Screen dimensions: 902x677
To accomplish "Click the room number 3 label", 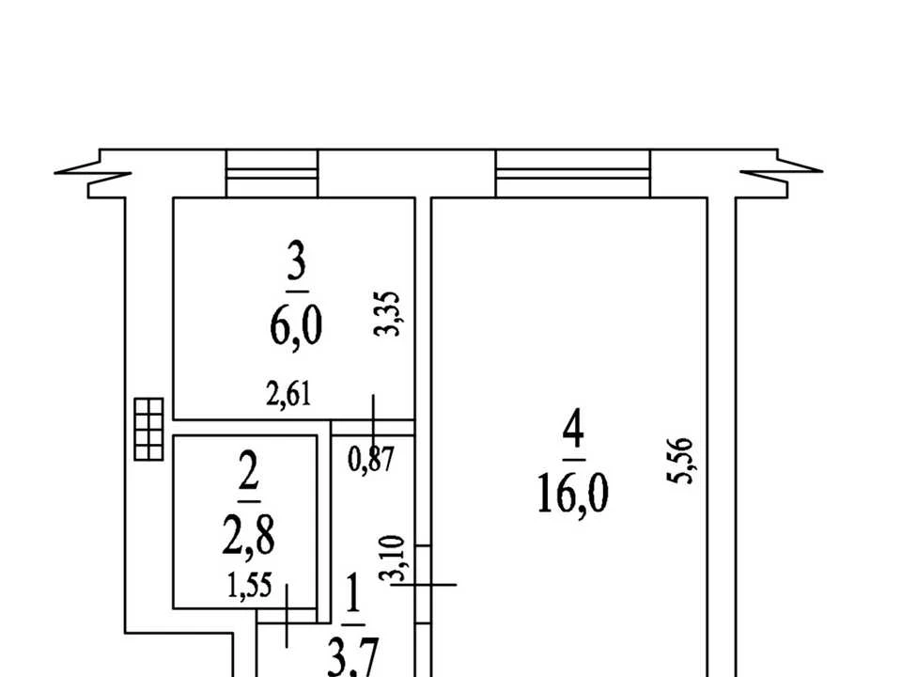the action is (x=296, y=262).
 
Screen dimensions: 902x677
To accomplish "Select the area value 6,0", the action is (x=296, y=325).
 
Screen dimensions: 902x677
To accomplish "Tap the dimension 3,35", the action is (x=386, y=314).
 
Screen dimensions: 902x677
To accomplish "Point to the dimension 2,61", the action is (x=288, y=395).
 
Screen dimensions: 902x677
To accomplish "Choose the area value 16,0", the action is (x=573, y=495).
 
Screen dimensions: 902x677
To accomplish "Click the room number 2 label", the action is (x=248, y=470).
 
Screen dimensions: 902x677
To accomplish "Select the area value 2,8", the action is (x=248, y=535).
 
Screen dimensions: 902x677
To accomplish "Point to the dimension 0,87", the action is (x=372, y=460).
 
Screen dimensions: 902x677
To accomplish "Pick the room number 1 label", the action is (x=353, y=594).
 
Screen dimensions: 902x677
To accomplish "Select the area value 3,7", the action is (x=353, y=658).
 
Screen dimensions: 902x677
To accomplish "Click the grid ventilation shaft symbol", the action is (x=149, y=429).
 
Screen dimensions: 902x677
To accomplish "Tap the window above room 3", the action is (x=272, y=173).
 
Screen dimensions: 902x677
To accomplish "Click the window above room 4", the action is (x=573, y=173).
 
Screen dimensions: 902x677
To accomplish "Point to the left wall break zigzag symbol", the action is (x=93, y=173).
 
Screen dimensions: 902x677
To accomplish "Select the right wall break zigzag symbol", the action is (x=781, y=173).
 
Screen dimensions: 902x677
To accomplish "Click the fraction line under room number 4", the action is (x=574, y=460).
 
